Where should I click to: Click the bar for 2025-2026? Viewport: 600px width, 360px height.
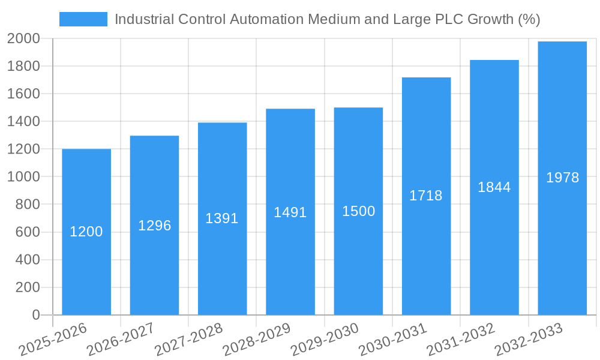[x=86, y=270]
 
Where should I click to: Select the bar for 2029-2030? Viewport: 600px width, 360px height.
[x=358, y=264]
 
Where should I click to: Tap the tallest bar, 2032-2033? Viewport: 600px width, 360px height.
[x=562, y=240]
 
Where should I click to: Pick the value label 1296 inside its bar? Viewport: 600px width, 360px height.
[x=154, y=226]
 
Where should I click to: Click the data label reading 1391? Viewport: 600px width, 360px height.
[x=222, y=218]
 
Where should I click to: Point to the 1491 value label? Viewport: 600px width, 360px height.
[x=290, y=212]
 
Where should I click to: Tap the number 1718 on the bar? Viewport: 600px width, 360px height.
[x=426, y=196]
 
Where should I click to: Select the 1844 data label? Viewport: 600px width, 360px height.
[x=494, y=187]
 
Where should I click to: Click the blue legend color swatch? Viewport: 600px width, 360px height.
[x=83, y=19]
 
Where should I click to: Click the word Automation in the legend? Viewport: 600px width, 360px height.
[x=266, y=19]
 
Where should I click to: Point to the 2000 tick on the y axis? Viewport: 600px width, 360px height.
[x=23, y=38]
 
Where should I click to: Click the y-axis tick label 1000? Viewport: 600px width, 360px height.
[x=23, y=177]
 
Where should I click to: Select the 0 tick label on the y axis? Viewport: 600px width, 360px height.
[x=35, y=315]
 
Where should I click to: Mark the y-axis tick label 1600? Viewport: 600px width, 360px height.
[x=23, y=94]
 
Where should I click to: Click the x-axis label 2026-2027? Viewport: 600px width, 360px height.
[x=121, y=340]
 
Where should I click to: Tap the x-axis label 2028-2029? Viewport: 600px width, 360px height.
[x=257, y=340]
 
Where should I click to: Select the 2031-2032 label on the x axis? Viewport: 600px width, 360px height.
[x=461, y=340]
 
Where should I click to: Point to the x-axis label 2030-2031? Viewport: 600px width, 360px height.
[x=393, y=340]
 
